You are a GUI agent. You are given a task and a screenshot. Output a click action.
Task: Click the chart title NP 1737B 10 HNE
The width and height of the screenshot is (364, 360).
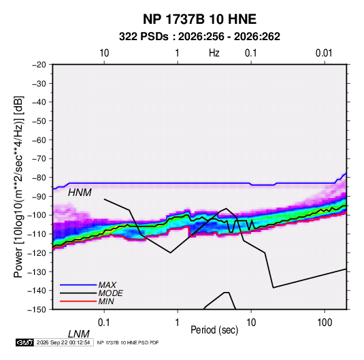pos(199,19)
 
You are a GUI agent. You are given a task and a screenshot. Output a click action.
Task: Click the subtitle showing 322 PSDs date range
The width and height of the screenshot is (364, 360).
pos(199,37)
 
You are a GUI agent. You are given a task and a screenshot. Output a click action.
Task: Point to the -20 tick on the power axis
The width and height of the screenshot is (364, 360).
pos(39,65)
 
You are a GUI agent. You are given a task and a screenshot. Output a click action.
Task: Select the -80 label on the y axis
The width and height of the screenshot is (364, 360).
pos(39,178)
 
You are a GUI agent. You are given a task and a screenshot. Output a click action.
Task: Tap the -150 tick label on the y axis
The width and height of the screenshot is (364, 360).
pos(37,310)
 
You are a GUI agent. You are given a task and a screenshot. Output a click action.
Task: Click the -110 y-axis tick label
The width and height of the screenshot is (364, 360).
pos(37,234)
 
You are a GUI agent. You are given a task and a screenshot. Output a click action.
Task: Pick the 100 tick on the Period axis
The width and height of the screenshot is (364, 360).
pos(325,323)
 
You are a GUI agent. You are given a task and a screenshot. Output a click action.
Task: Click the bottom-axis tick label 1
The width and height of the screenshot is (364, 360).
pos(178,323)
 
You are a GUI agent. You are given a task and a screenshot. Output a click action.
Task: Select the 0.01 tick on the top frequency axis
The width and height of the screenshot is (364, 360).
pos(324,53)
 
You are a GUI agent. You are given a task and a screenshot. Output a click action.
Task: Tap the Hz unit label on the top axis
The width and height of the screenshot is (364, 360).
pos(214,53)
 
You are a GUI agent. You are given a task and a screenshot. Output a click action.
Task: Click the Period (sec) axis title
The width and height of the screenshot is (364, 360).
pos(214,330)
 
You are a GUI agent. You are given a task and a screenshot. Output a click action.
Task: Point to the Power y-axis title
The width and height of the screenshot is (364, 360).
pos(18,187)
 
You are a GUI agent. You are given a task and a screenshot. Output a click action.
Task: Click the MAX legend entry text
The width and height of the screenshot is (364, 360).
pos(107,284)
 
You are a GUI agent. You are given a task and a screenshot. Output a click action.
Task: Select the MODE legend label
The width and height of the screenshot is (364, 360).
pos(110,293)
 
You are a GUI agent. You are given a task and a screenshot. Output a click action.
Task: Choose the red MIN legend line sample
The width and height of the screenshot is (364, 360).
pos(78,301)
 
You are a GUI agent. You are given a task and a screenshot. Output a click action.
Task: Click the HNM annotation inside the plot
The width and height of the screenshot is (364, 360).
pos(80,193)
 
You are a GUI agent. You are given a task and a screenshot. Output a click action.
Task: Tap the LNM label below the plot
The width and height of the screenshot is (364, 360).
pos(79,334)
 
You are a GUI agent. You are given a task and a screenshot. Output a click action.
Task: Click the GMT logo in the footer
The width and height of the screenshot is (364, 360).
pos(24,342)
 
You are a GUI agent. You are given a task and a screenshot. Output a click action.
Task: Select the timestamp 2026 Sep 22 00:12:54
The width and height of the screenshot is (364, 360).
pos(63,342)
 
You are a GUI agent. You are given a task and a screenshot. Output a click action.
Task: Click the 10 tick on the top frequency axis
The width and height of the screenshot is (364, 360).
pos(104,53)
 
